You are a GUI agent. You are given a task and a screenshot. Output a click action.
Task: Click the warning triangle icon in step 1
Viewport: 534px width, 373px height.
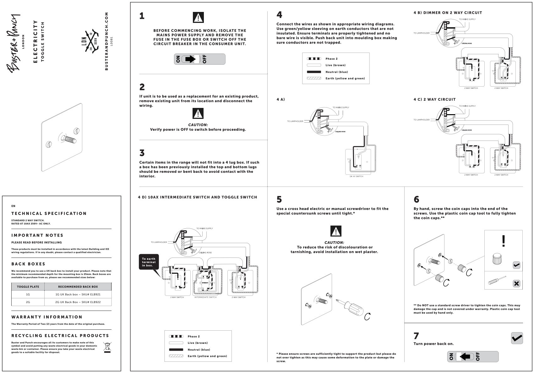click(198, 18)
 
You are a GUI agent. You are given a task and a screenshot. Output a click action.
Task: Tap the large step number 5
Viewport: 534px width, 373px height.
click(279, 200)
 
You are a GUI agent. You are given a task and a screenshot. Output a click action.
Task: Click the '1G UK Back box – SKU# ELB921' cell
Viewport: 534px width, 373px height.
click(78, 294)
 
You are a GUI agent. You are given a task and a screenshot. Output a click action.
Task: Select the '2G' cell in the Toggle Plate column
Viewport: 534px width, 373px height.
click(28, 302)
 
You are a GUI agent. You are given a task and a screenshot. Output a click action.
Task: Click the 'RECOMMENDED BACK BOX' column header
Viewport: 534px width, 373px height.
click(78, 286)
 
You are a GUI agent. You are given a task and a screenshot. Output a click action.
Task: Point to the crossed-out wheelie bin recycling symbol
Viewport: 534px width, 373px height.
click(107, 348)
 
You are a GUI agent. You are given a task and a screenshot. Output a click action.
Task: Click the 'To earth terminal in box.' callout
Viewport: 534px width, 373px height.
click(149, 262)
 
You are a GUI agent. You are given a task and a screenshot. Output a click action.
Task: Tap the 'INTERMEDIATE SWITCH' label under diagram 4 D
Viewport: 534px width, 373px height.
click(205, 297)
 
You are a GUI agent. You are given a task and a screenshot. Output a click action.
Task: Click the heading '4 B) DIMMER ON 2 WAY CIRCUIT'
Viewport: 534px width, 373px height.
click(448, 13)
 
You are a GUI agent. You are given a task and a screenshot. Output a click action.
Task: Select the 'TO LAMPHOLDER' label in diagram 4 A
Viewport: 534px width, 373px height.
click(295, 121)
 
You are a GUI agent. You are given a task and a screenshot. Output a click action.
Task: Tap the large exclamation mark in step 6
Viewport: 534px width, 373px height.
click(504, 241)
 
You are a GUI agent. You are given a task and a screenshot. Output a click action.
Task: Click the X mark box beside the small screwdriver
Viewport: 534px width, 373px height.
click(516, 284)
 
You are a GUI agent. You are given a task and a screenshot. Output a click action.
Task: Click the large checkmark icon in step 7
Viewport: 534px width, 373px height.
click(517, 338)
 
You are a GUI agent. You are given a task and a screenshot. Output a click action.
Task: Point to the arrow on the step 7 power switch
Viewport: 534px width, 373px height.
click(465, 357)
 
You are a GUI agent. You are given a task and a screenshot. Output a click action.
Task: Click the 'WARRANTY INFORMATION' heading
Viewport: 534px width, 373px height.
click(47, 317)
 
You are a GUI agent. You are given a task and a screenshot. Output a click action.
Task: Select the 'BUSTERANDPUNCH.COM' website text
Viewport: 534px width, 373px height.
click(106, 41)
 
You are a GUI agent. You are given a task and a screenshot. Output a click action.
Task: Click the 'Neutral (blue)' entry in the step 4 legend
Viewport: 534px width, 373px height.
click(336, 72)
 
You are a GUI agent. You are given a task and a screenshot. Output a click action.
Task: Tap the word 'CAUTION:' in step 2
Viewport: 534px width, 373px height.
click(198, 125)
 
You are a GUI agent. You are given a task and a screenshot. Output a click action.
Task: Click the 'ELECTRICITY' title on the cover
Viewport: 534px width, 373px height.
click(35, 42)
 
